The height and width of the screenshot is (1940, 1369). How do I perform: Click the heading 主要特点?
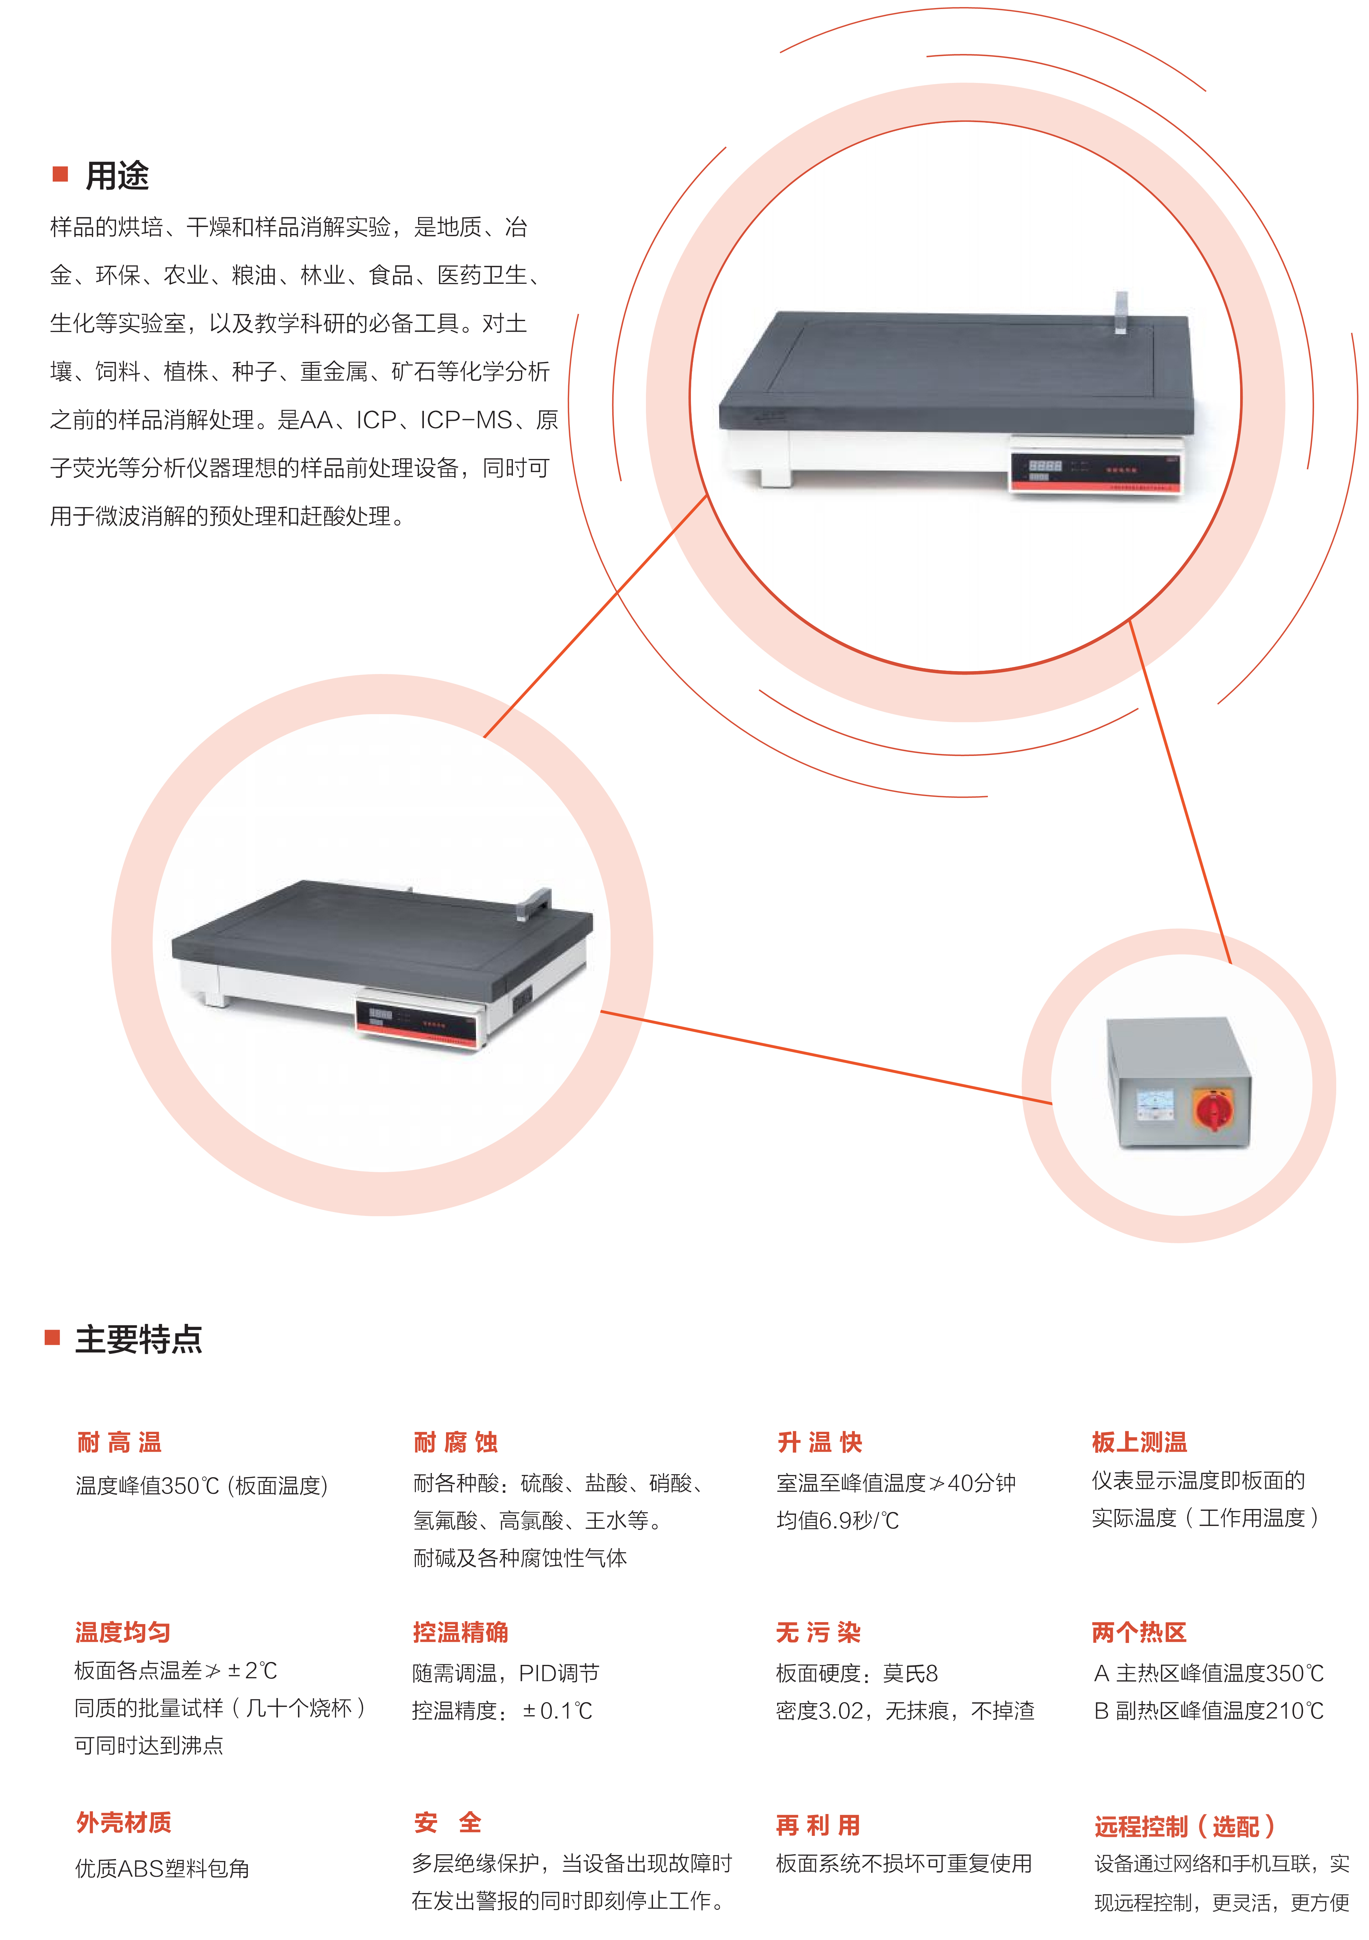pyautogui.click(x=139, y=1339)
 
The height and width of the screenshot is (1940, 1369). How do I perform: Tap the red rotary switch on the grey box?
pyautogui.click(x=1213, y=1109)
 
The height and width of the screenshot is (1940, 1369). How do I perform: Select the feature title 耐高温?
pyautogui.click(x=119, y=1442)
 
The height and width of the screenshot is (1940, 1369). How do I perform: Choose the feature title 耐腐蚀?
pyautogui.click(x=455, y=1442)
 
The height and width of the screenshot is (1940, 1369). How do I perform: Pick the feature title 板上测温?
pyautogui.click(x=1139, y=1442)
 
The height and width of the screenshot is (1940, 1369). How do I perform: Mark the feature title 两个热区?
pyautogui.click(x=1139, y=1632)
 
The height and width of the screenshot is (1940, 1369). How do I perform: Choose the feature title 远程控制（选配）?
pyautogui.click(x=1185, y=1827)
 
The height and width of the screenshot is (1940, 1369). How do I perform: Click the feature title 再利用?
pyautogui.click(x=818, y=1825)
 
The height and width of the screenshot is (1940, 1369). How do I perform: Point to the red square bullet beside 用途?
pyautogui.click(x=60, y=174)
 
